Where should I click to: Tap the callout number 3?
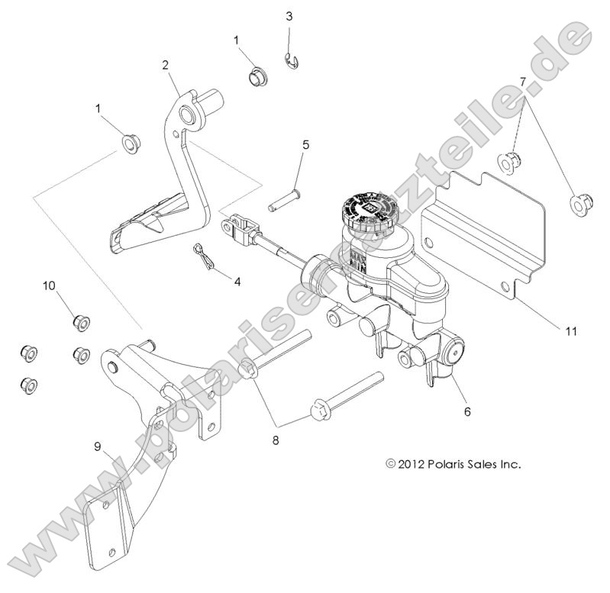pos(289,16)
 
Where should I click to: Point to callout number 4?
pos(237,281)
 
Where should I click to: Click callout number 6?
pos(467,411)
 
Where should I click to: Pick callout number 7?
pos(522,81)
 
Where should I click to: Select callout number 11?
pos(571,331)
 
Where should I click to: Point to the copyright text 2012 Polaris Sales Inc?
pos(455,463)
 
